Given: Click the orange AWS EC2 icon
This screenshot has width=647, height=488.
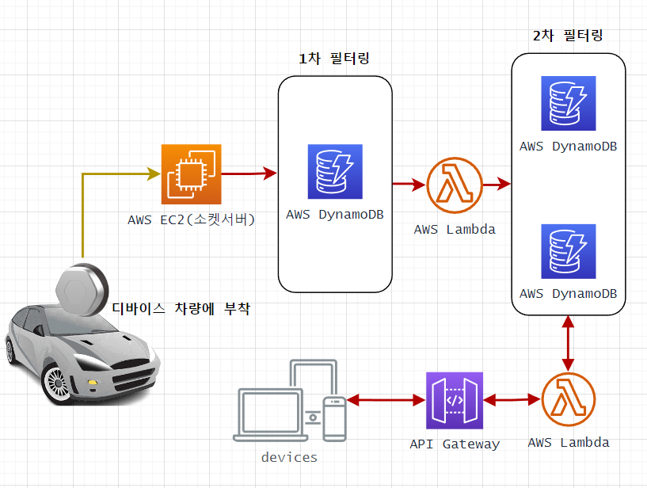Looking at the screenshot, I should [x=191, y=173].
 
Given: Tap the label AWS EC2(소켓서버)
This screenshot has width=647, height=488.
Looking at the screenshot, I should [x=191, y=219].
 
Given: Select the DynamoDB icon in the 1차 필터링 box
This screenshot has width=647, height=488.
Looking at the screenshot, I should [x=335, y=171].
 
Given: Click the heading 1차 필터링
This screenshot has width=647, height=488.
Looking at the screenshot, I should [x=333, y=59].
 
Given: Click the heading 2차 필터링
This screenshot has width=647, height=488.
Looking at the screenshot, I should [x=569, y=36].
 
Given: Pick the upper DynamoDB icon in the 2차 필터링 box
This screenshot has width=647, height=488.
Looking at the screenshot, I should [x=569, y=103].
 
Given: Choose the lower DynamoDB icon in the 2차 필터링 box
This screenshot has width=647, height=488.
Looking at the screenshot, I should [x=569, y=251].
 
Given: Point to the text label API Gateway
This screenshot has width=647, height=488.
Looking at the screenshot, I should [x=455, y=444].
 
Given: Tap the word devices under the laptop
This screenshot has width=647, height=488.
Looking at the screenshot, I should [x=289, y=457].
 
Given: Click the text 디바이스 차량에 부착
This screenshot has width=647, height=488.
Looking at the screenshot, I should [x=181, y=309].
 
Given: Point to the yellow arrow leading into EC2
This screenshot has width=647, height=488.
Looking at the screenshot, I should [x=83, y=214].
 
